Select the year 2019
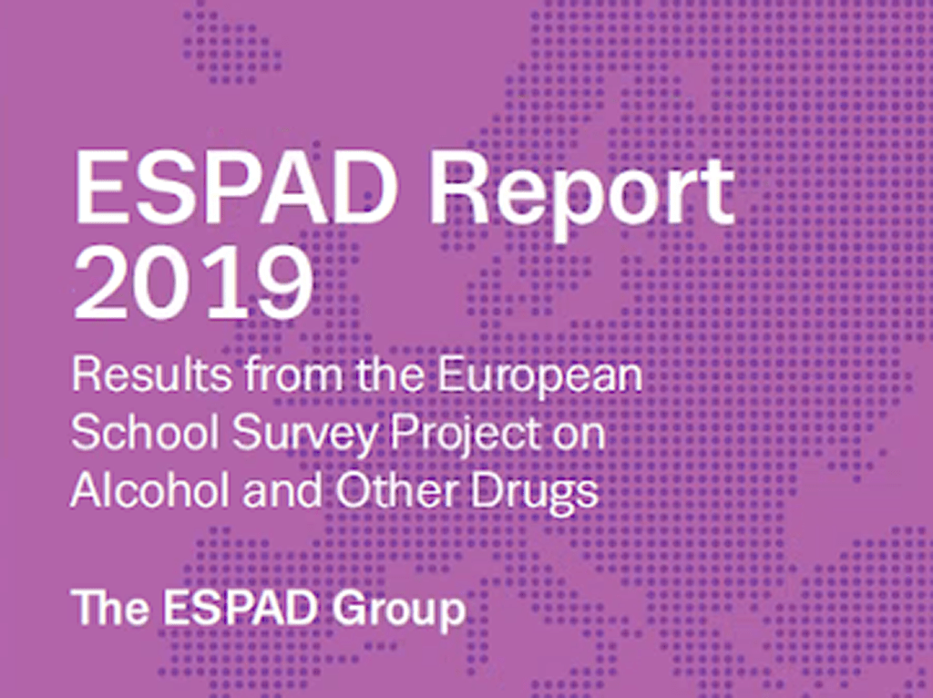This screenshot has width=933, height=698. [193, 282]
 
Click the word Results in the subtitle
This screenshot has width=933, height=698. [152, 376]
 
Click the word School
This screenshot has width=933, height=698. [145, 433]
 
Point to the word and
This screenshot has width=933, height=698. [282, 490]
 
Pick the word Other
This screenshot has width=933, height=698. [397, 490]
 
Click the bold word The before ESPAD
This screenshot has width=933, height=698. [110, 607]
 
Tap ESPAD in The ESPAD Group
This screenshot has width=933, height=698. [240, 607]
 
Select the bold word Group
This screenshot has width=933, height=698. [398, 611]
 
